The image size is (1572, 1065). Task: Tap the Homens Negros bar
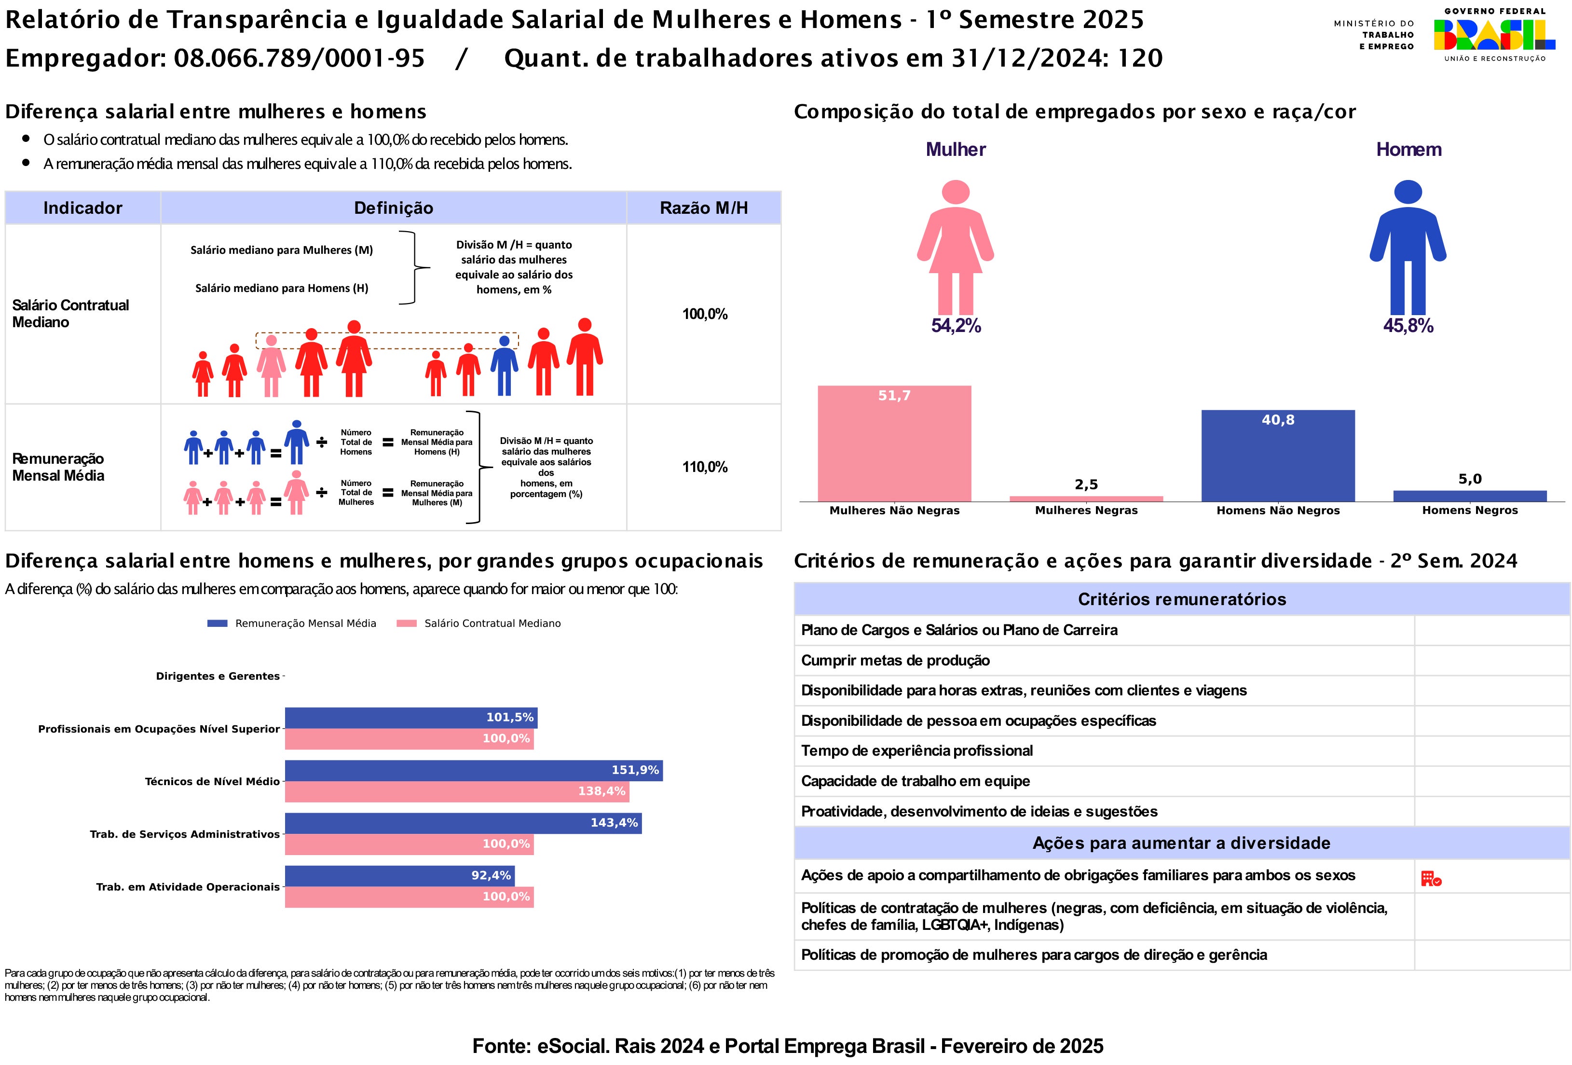pyautogui.click(x=1469, y=496)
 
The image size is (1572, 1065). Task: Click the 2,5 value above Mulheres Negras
pyautogui.click(x=1086, y=484)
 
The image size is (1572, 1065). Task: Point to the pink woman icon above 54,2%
pyautogui.click(x=955, y=247)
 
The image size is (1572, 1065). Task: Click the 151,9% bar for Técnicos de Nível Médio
pyautogui.click(x=474, y=771)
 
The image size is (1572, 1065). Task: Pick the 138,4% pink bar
pyautogui.click(x=457, y=792)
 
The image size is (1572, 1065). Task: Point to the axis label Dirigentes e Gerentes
pyautogui.click(x=218, y=676)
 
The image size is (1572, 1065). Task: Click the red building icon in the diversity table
pyautogui.click(x=1431, y=878)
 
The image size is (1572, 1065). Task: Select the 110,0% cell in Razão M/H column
pyautogui.click(x=704, y=467)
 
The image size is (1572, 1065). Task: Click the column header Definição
pyautogui.click(x=393, y=207)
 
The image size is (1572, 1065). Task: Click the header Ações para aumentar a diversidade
pyautogui.click(x=1181, y=843)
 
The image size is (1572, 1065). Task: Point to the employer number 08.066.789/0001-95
pyautogui.click(x=299, y=58)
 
